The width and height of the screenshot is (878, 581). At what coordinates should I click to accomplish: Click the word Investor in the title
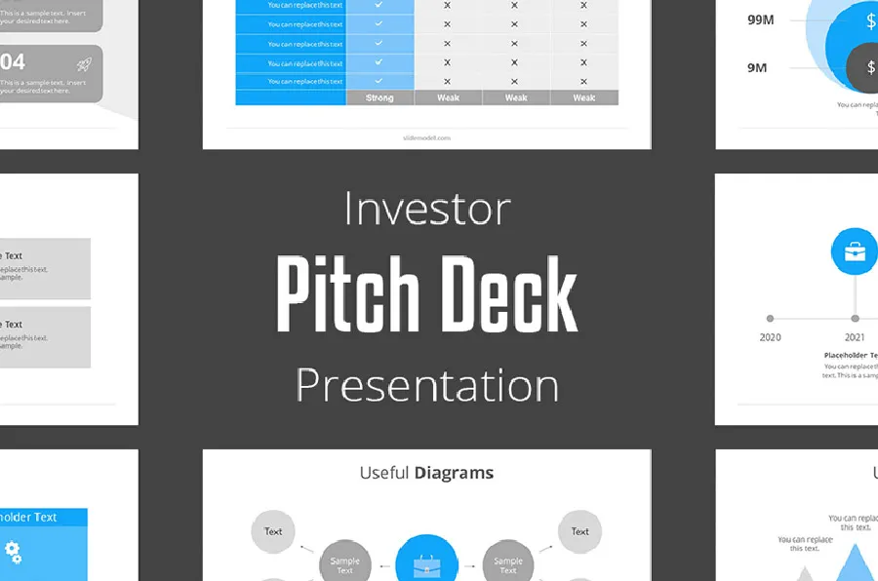click(427, 210)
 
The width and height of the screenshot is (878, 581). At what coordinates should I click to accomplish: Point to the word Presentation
click(427, 385)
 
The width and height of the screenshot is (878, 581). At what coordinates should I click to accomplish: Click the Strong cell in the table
click(379, 97)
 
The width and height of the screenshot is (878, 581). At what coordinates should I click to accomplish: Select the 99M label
click(761, 19)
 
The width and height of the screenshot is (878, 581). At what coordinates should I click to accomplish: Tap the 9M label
click(757, 67)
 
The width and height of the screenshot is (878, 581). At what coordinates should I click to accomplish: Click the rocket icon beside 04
click(85, 63)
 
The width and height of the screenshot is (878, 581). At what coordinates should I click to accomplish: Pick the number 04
click(13, 62)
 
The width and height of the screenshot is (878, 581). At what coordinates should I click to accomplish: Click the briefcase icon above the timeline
click(855, 252)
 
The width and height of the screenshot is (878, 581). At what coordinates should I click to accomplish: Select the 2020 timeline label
click(771, 337)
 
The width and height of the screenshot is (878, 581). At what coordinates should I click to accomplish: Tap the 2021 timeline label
click(855, 337)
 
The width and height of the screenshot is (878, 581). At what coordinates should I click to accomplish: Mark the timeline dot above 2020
click(771, 318)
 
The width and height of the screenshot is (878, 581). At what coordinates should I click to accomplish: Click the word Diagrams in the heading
click(454, 474)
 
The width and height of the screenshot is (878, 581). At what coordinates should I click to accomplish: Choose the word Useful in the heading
click(383, 474)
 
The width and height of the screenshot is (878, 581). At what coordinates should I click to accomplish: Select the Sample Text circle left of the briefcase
click(344, 563)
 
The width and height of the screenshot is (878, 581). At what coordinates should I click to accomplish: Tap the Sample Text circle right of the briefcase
click(507, 563)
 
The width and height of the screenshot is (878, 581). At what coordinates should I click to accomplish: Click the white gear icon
click(13, 553)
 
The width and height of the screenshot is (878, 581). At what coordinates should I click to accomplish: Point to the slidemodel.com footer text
click(426, 137)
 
